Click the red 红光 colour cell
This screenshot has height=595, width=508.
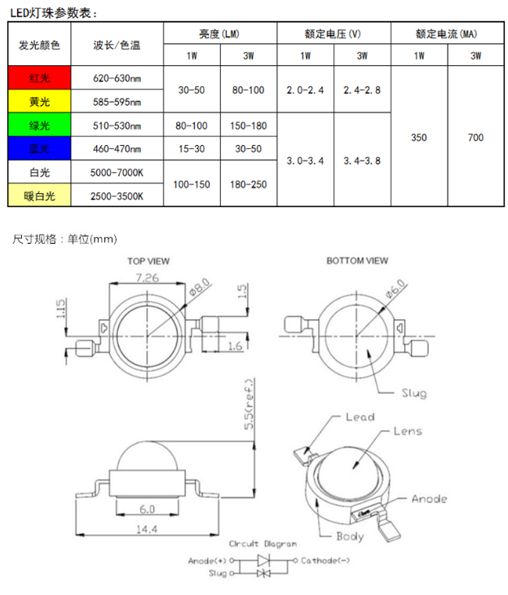39,77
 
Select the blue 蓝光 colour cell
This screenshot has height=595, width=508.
39,148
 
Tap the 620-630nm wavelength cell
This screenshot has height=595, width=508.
117,78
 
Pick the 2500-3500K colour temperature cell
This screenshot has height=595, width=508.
117,196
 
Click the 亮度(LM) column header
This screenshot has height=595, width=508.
220,33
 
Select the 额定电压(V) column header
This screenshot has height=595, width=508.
334,33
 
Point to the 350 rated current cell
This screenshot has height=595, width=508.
419,137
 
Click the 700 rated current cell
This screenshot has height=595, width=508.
475,137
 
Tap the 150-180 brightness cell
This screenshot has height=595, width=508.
249,126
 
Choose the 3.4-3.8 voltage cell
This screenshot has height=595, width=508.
362,161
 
